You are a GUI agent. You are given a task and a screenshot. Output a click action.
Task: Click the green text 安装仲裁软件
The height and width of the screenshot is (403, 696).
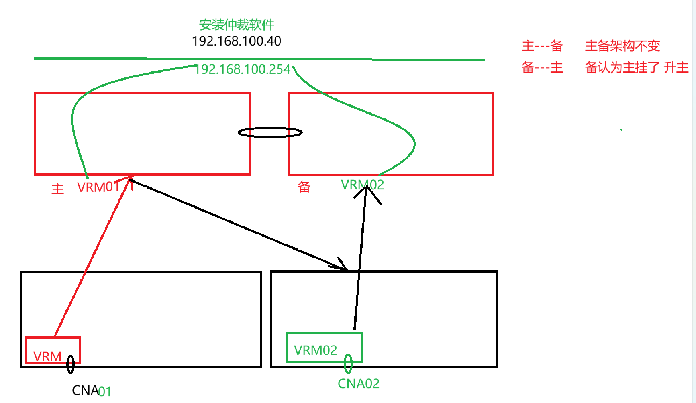[237, 25]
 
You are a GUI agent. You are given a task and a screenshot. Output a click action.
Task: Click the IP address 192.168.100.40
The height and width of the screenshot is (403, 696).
[237, 41]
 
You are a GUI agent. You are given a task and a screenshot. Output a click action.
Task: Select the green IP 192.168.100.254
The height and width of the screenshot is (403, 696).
[243, 69]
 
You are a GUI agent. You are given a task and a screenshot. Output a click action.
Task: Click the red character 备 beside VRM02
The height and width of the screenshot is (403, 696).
[304, 187]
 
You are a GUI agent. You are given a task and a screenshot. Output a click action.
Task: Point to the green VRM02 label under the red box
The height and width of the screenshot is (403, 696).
[362, 185]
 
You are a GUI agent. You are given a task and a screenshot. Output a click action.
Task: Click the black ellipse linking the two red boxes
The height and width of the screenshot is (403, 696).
[270, 132]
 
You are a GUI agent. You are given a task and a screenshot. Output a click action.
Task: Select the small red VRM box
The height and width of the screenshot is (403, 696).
[52, 350]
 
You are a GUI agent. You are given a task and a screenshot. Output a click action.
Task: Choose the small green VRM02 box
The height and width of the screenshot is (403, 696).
[324, 348]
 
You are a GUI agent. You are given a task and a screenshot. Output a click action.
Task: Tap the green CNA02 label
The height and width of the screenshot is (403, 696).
[358, 384]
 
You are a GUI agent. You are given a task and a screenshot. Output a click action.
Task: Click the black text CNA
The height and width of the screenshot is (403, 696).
[85, 390]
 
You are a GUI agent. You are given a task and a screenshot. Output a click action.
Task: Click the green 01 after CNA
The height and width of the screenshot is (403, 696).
[105, 391]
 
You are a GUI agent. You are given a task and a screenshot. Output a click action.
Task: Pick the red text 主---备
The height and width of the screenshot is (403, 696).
[542, 46]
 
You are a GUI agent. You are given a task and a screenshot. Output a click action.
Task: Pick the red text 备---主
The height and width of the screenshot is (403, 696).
[542, 68]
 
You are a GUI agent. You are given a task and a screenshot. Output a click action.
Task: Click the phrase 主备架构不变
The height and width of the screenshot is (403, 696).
[622, 46]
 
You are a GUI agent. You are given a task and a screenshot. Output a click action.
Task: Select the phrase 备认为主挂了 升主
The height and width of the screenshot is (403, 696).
[637, 68]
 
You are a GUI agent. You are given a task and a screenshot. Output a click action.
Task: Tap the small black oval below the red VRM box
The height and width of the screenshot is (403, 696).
[70, 364]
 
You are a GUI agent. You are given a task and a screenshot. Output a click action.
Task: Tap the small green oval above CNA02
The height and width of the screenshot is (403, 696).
[348, 363]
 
